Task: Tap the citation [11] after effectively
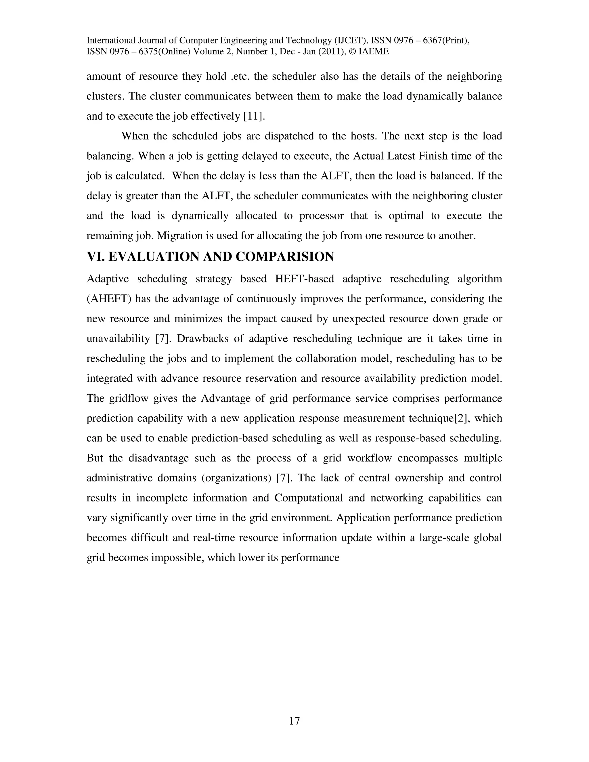(x=254, y=116)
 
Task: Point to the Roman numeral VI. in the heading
(x=95, y=257)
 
